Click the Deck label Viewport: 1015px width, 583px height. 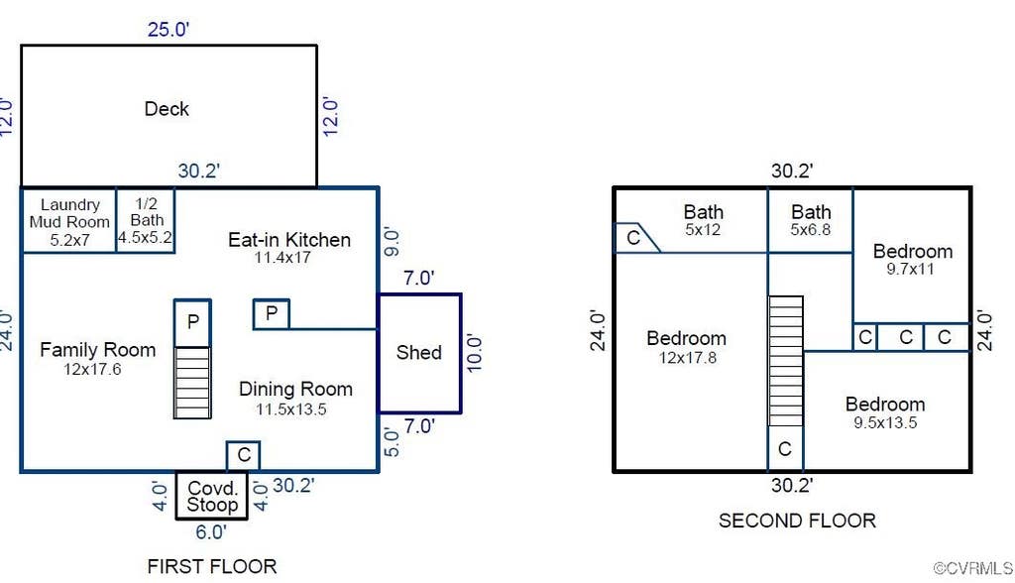pyautogui.click(x=167, y=109)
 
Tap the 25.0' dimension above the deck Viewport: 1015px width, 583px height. pyautogui.click(x=169, y=29)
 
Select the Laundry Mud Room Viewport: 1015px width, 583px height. pyautogui.click(x=69, y=220)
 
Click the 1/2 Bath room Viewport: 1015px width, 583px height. pyautogui.click(x=146, y=220)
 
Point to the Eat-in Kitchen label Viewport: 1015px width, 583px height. pyautogui.click(x=289, y=240)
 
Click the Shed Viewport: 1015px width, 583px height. pyautogui.click(x=419, y=353)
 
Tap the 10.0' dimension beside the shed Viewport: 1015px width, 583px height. pyautogui.click(x=474, y=353)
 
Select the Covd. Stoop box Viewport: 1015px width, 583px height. pyautogui.click(x=212, y=496)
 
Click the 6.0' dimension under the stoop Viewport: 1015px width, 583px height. pyautogui.click(x=211, y=531)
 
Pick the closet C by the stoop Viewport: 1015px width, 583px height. pyautogui.click(x=244, y=455)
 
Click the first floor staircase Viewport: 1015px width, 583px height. pyautogui.click(x=192, y=382)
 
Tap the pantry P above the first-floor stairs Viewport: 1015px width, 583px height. pyautogui.click(x=192, y=322)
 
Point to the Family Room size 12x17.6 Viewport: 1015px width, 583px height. pyautogui.click(x=92, y=369)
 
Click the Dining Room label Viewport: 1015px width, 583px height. pyautogui.click(x=295, y=389)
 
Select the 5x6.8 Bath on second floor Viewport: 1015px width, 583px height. pyautogui.click(x=811, y=220)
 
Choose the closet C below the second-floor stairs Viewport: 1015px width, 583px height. pyautogui.click(x=785, y=448)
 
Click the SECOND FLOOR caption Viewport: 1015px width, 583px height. pyautogui.click(x=797, y=521)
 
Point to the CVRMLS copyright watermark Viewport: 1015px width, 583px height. pyautogui.click(x=973, y=569)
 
